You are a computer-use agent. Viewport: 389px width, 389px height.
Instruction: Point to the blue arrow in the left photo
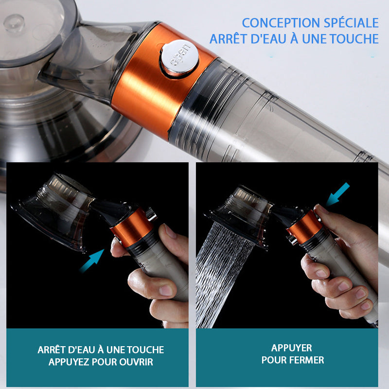(x=92, y=261)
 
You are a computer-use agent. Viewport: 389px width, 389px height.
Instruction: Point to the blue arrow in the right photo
(x=338, y=194)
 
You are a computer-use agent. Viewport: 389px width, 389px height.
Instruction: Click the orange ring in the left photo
(x=131, y=228)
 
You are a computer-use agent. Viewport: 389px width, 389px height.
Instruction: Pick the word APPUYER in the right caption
(x=291, y=348)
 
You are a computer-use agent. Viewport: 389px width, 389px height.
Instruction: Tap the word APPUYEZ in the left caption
(x=69, y=362)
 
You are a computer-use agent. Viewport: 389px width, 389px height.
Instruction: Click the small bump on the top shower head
(x=14, y=23)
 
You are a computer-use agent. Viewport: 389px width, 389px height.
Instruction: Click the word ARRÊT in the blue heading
(x=228, y=39)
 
